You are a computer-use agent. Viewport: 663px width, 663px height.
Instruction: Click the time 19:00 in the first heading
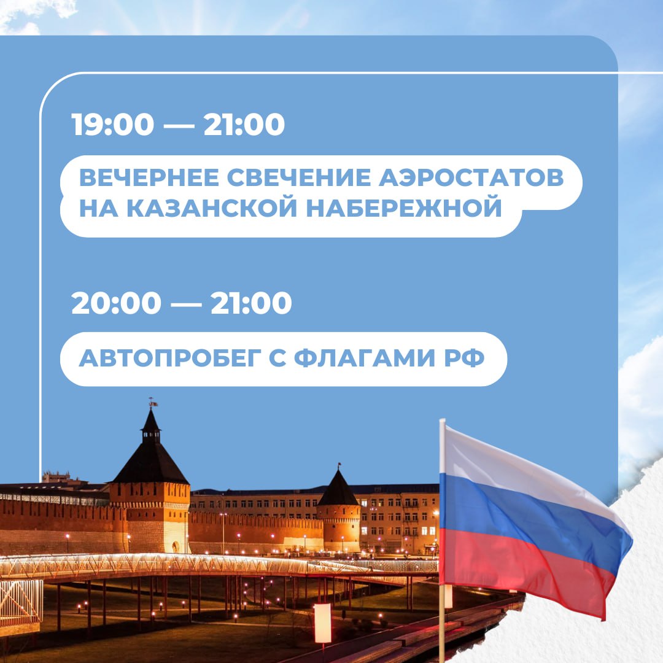[x=112, y=124]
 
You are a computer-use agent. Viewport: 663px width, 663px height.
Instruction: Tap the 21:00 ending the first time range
[x=244, y=124]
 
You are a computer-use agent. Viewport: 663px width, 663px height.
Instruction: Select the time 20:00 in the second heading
[x=116, y=303]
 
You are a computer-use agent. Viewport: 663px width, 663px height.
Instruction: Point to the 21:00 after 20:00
[x=251, y=303]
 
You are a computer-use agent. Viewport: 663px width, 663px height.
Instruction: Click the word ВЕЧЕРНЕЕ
[x=149, y=177]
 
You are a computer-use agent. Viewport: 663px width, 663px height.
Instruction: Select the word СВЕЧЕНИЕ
[x=299, y=177]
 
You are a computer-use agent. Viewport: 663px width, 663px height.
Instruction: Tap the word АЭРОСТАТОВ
[x=471, y=177]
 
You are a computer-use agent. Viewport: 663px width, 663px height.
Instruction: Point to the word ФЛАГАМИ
[x=365, y=359]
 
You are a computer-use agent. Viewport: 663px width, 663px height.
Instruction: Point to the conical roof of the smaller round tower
[x=338, y=489]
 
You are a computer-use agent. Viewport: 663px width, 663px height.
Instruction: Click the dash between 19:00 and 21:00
[x=179, y=126]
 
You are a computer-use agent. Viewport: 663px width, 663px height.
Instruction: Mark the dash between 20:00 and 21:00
[x=186, y=304]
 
